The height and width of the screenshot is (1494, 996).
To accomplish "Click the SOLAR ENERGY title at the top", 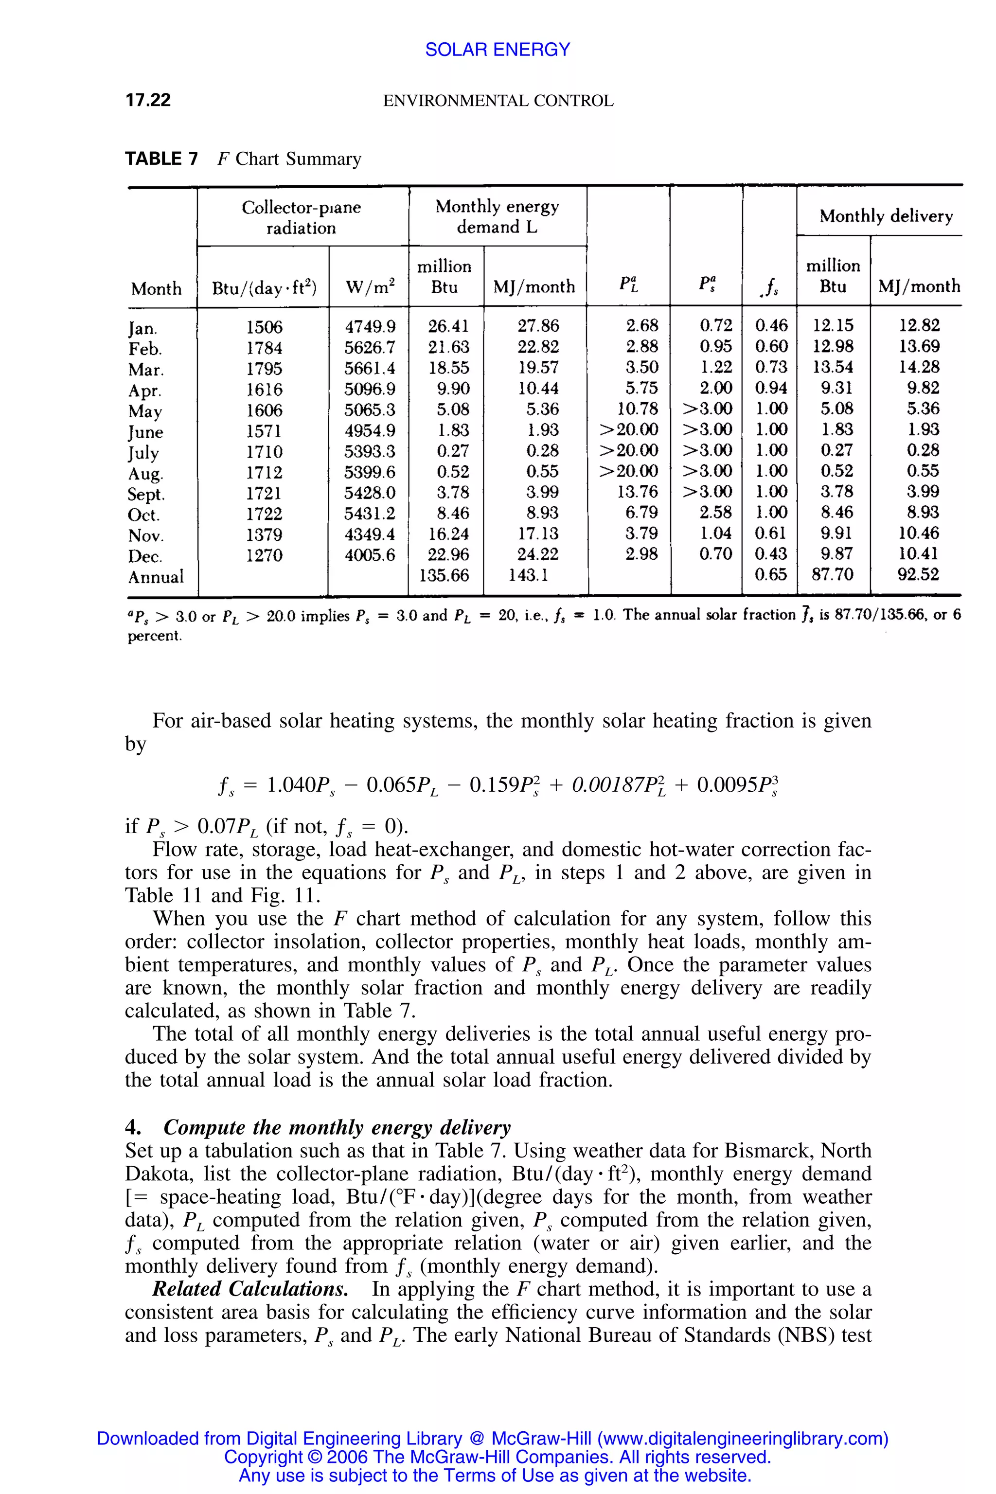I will pos(498,50).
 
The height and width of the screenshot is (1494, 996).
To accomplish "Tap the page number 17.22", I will pos(148,100).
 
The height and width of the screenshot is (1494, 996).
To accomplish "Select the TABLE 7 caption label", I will pos(161,159).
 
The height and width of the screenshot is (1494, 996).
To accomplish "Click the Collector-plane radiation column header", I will pos(301,217).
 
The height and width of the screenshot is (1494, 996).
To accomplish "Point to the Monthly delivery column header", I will pos(886,216).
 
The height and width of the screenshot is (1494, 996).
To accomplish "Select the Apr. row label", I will pos(145,390).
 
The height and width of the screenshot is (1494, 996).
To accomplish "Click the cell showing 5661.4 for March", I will pos(370,368).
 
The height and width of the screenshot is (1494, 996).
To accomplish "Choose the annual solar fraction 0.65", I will pos(770,574).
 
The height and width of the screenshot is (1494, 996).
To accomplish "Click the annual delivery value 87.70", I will pos(832,574).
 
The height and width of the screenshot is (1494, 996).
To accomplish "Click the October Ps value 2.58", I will pos(715,512).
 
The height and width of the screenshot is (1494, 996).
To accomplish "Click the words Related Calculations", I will pos(249,1289).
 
